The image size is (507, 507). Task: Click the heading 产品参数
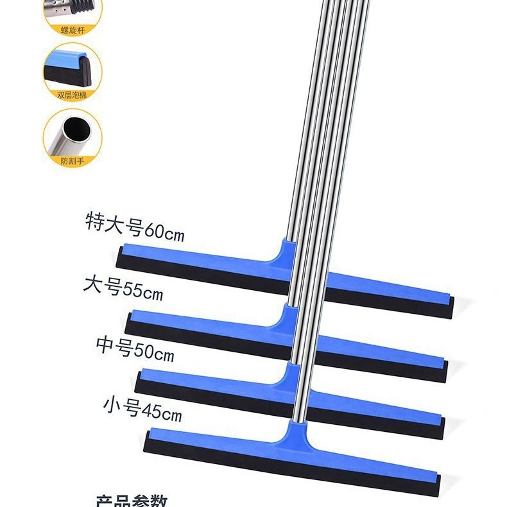click(x=132, y=501)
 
